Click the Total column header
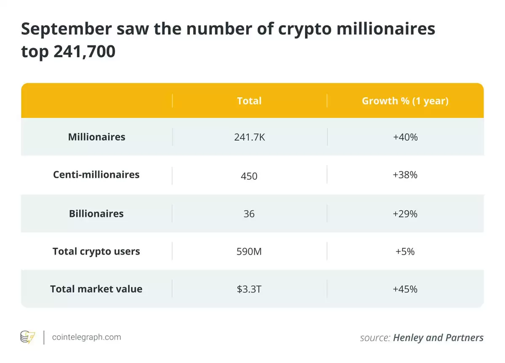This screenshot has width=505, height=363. click(x=249, y=101)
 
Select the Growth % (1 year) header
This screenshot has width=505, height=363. click(x=405, y=101)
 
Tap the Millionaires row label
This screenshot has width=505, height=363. click(x=96, y=137)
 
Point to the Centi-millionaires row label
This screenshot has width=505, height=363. click(x=96, y=175)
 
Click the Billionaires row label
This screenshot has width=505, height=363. click(x=96, y=214)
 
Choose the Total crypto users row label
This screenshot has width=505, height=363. click(x=96, y=251)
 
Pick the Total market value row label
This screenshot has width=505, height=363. click(x=96, y=289)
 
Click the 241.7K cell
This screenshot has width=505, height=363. click(x=249, y=137)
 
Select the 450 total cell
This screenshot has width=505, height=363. click(x=249, y=176)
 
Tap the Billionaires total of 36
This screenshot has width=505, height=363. click(x=249, y=214)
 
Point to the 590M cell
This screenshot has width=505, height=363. click(x=249, y=252)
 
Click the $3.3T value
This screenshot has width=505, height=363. click(x=249, y=289)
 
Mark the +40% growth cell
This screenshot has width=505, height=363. click(x=405, y=137)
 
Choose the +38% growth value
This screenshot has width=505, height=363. click(x=405, y=175)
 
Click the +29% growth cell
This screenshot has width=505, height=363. click(x=405, y=214)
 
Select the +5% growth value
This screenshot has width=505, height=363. click(x=405, y=252)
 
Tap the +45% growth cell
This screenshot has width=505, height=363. click(x=405, y=289)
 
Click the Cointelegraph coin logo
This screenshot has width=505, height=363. click(x=28, y=337)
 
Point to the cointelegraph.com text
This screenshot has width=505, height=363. click(x=86, y=337)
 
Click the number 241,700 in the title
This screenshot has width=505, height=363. click(x=84, y=51)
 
